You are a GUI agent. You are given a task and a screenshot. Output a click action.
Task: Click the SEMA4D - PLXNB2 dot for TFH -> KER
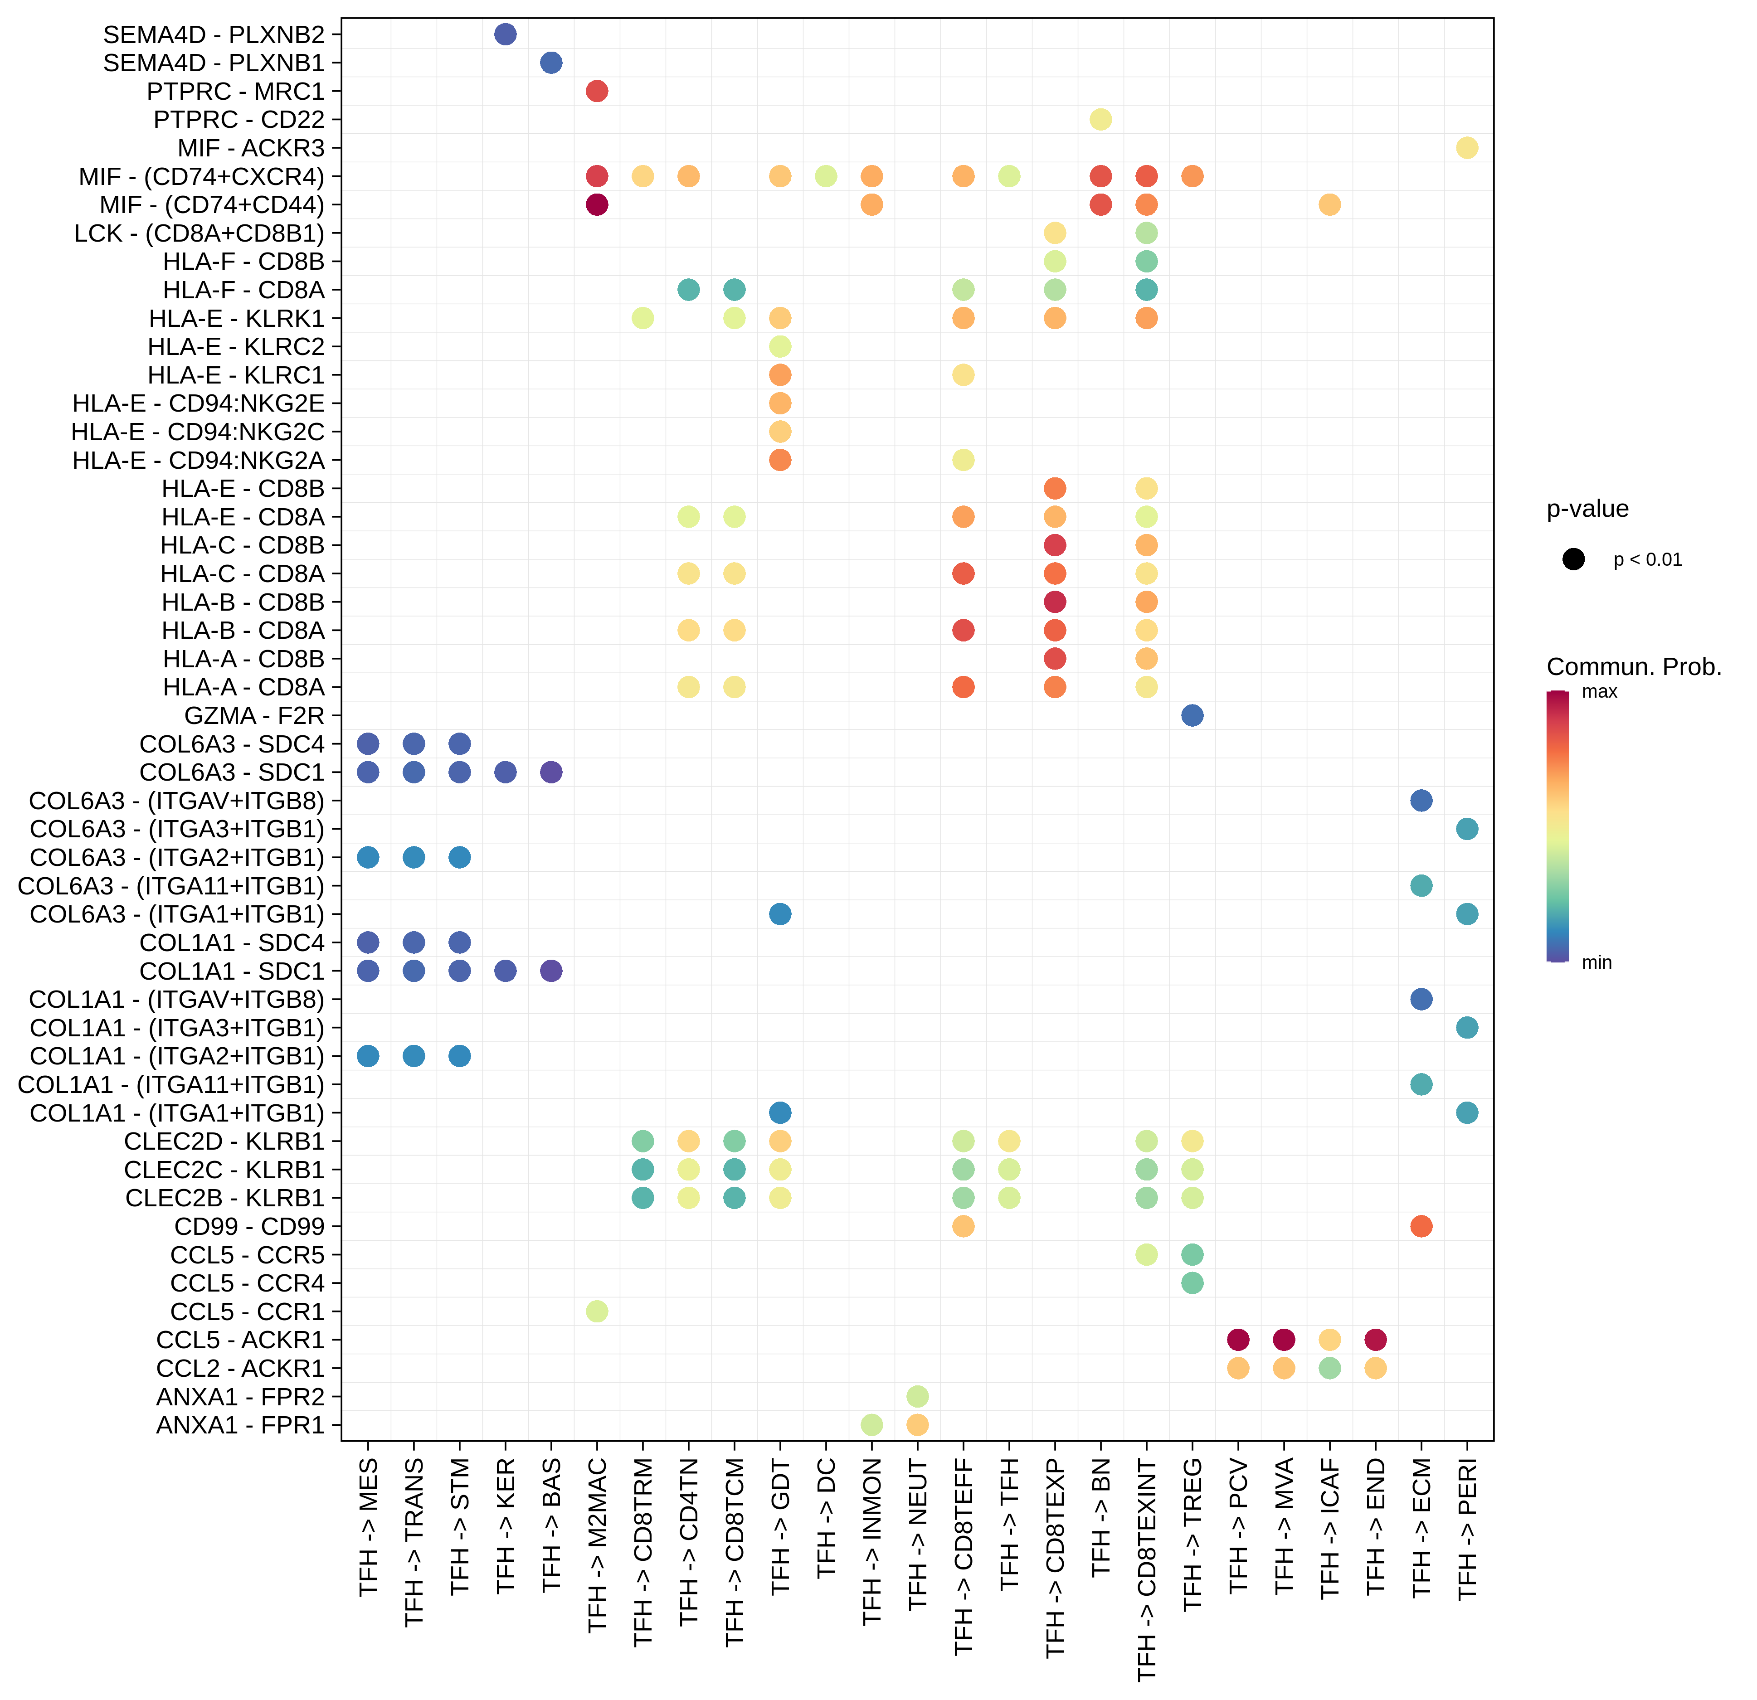[506, 34]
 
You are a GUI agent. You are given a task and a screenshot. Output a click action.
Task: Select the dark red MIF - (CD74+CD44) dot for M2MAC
[597, 204]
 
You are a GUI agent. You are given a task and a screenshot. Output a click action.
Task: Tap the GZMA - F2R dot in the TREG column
[1192, 715]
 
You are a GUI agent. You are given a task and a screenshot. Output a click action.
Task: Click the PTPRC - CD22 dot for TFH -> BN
[1101, 119]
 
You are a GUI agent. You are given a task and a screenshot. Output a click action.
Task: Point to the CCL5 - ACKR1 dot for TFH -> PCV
[1238, 1340]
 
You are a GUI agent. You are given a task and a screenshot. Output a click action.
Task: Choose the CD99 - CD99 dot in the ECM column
[1421, 1226]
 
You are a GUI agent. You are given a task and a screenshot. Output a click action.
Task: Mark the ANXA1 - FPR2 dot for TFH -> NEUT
[917, 1396]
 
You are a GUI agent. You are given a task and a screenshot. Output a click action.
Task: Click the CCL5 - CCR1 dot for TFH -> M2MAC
[597, 1311]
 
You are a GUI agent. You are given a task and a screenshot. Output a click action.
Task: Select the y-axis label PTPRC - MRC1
[236, 92]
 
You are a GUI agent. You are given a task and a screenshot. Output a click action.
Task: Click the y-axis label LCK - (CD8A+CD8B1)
[199, 233]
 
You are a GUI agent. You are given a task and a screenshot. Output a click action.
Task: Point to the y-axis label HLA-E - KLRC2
[236, 347]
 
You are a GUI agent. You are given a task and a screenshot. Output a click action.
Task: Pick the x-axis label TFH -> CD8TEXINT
[1147, 1568]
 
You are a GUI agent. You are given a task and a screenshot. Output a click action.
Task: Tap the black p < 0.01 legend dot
[1573, 559]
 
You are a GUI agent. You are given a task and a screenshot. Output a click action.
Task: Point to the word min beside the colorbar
[1596, 962]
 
